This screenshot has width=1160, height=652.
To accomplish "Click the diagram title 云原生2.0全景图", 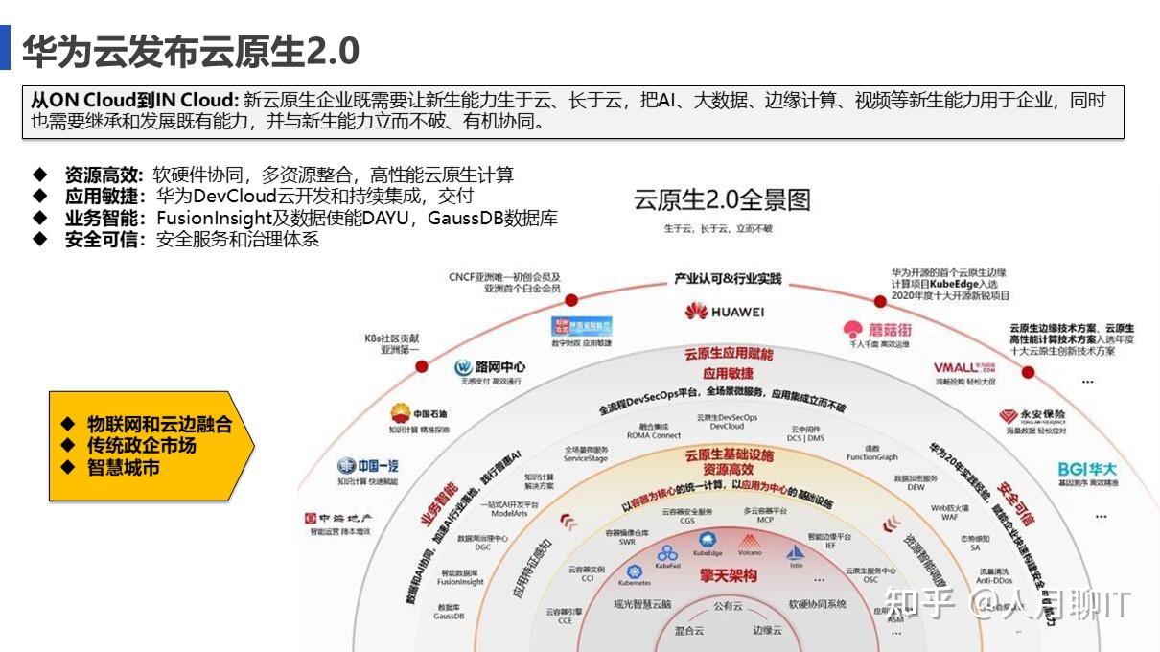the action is coord(722,200).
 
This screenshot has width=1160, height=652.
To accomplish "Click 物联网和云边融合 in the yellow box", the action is coord(159,424).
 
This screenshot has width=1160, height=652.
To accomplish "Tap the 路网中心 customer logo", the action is coord(490,366).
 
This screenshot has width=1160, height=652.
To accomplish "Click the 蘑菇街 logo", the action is coord(877,329).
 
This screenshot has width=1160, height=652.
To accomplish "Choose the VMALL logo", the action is coord(963,367).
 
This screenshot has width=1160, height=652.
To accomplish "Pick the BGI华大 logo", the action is coord(1087,469).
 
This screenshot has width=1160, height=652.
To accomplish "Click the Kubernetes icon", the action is coord(634,571).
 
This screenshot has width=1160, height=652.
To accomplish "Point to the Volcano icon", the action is coord(749,542).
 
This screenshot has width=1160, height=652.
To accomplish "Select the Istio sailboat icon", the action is coord(796,553).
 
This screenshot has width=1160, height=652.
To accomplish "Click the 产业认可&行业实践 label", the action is coord(728,279).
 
